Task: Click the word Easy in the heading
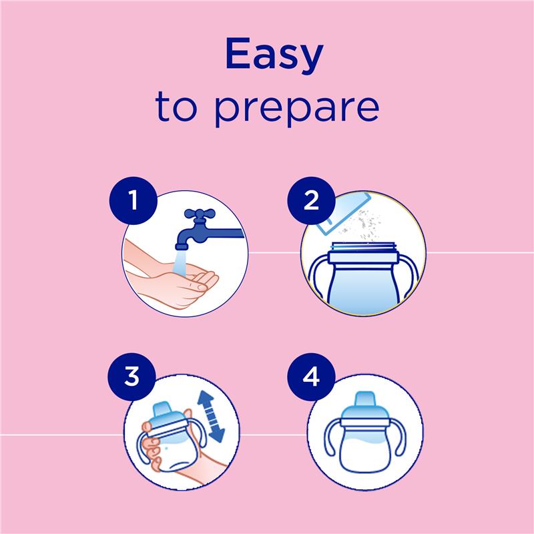pos(274,55)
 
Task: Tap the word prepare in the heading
pos(296,109)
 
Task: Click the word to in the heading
pos(176,106)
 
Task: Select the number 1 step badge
pos(133,200)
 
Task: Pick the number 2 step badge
pos(311,200)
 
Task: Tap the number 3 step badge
pos(131,376)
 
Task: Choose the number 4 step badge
pos(311,376)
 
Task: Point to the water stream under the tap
pos(180,263)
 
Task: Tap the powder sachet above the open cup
pos(344,214)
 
